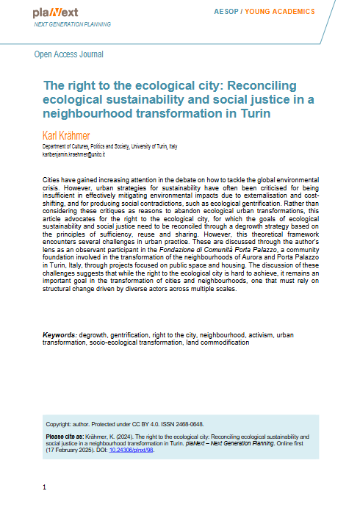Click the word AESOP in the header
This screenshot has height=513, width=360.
coord(226,12)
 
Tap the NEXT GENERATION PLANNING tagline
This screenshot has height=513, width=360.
coord(73,24)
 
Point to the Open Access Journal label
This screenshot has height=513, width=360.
coord(69,54)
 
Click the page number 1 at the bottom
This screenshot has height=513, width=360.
coord(45,487)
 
